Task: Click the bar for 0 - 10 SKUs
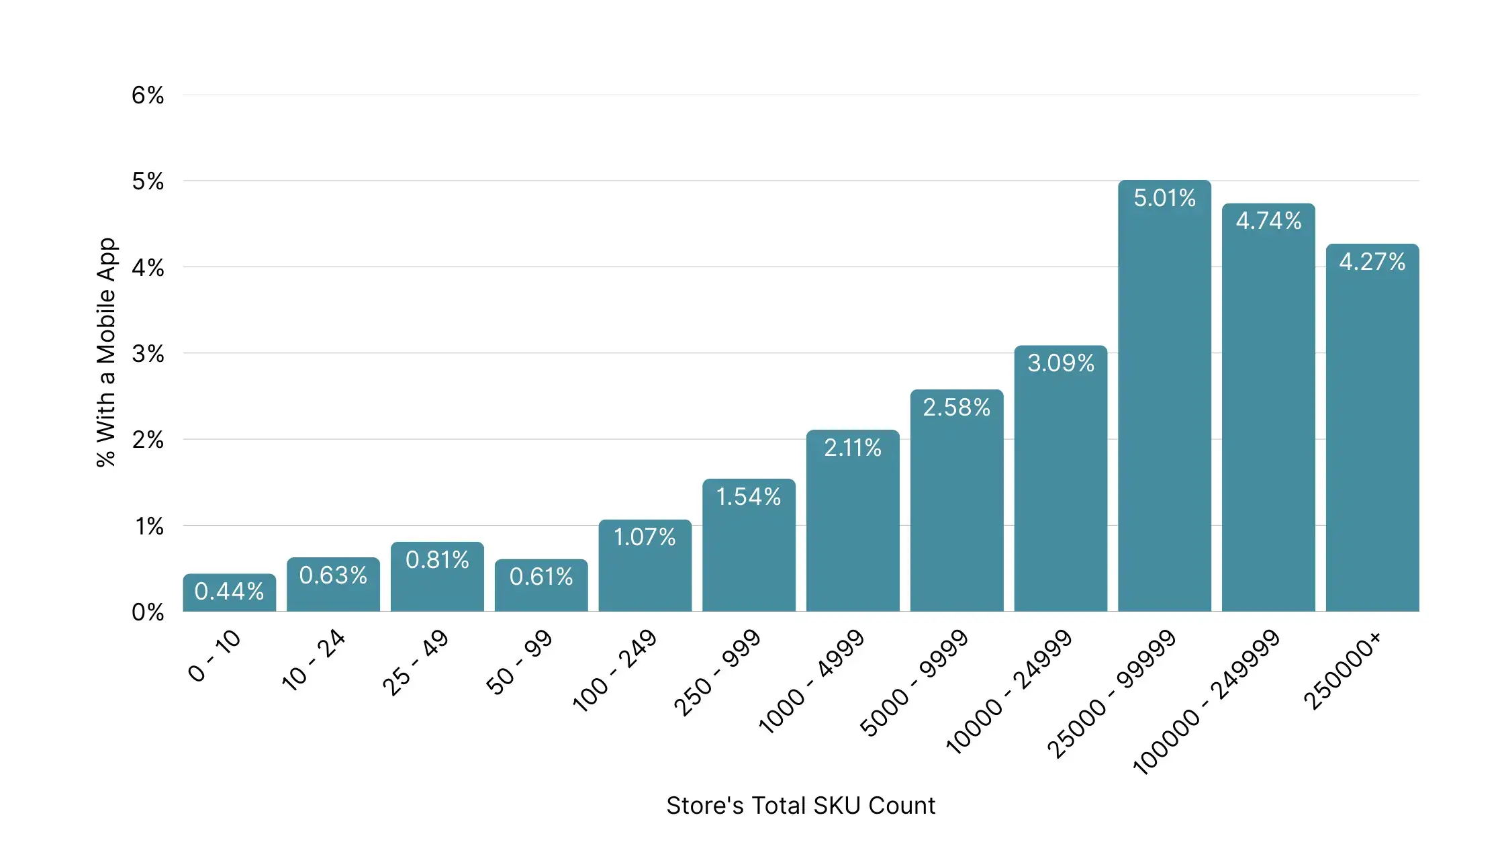230,592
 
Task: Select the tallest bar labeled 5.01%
1164,395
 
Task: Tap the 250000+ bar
1372,428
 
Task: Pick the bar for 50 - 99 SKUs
541,585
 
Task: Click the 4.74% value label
1268,221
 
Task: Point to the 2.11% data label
853,448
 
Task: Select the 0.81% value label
437,560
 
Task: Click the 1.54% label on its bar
749,497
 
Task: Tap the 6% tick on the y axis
148,95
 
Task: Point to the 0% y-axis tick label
148,612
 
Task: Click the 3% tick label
148,354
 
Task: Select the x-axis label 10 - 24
314,660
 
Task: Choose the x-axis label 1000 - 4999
811,681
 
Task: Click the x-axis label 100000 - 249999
1207,702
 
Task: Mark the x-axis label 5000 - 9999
914,683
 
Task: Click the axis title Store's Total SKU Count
800,806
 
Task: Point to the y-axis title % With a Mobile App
106,352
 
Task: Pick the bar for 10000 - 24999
1061,479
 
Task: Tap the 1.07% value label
645,537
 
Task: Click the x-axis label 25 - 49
416,663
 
